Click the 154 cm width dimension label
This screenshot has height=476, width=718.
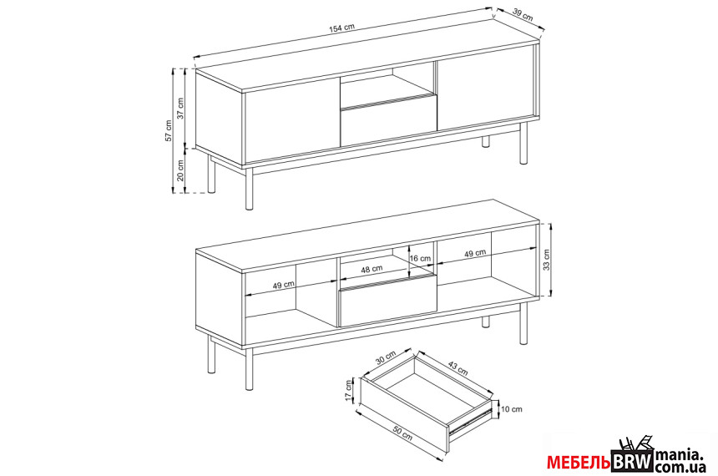pyautogui.click(x=341, y=27)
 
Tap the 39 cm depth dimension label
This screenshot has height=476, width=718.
pyautogui.click(x=523, y=15)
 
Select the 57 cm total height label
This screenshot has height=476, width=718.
pyautogui.click(x=169, y=131)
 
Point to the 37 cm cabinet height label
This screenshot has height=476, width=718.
pyautogui.click(x=180, y=109)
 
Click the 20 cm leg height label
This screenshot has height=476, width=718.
pyautogui.click(x=180, y=170)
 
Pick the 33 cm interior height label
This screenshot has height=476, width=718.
pyautogui.click(x=547, y=260)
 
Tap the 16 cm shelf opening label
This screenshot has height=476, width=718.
pyautogui.click(x=420, y=258)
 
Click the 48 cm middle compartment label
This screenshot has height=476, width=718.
pyautogui.click(x=372, y=269)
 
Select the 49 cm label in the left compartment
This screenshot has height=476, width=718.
pyautogui.click(x=284, y=285)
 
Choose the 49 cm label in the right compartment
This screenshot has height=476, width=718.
pyautogui.click(x=475, y=253)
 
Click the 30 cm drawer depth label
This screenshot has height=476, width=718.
pyautogui.click(x=386, y=357)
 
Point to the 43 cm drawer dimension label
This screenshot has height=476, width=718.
pyautogui.click(x=458, y=368)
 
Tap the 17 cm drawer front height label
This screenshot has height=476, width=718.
pyautogui.click(x=349, y=391)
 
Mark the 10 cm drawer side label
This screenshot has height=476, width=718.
pyautogui.click(x=512, y=409)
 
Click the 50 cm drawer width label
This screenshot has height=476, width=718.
pyautogui.click(x=402, y=434)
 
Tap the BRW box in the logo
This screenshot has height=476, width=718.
pyautogui.click(x=632, y=461)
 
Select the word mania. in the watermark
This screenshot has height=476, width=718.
pyautogui.click(x=679, y=455)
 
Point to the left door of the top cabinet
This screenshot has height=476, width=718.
pyautogui.click(x=291, y=121)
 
